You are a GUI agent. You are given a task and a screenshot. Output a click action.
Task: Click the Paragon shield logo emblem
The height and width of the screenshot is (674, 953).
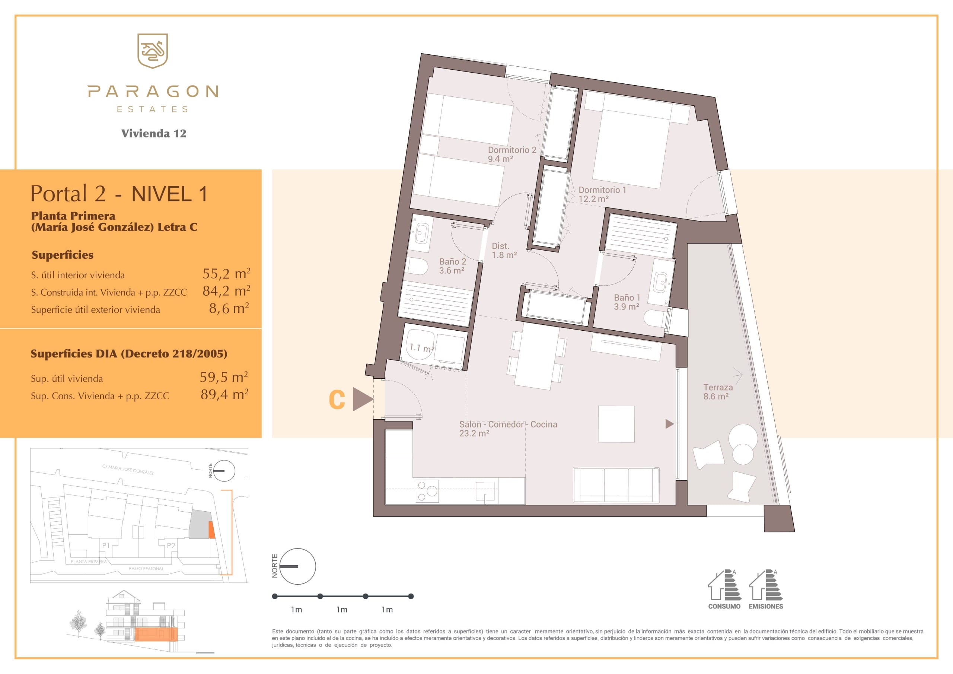point(152,51)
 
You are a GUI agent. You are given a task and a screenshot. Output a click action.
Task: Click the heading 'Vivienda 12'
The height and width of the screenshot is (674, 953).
point(154,133)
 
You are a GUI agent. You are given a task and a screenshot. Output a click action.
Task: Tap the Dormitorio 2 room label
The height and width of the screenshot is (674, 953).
point(512,154)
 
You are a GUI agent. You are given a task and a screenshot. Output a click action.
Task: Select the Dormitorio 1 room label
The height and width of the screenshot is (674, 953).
point(602,194)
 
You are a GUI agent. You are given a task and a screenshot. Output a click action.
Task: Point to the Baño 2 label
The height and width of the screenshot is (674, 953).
point(452,266)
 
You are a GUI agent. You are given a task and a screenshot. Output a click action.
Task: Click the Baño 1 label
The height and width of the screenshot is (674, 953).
point(627,302)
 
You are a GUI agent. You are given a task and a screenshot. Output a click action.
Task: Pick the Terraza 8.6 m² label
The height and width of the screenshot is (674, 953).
point(718,392)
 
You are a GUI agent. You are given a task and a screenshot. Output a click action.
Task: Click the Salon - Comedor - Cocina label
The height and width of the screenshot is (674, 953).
point(508,429)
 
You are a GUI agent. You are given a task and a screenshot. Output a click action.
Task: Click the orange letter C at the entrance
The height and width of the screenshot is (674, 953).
point(337,400)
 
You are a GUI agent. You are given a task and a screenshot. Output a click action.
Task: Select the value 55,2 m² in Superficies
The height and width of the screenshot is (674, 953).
point(226,274)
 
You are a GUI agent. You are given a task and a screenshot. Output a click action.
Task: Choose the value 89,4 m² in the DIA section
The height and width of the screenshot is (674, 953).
point(224,394)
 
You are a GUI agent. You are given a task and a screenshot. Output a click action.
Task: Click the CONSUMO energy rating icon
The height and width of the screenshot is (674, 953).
point(724,589)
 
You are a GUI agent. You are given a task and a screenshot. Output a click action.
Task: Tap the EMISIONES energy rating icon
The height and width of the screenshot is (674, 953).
point(766,589)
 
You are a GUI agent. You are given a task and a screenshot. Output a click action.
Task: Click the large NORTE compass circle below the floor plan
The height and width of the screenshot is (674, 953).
point(297,566)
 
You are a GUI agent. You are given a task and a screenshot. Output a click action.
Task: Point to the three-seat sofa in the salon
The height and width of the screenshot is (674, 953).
point(616,484)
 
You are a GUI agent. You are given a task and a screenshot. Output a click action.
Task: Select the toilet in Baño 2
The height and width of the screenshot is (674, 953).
point(416,266)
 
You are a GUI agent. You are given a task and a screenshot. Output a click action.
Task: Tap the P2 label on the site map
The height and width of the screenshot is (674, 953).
point(170,546)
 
